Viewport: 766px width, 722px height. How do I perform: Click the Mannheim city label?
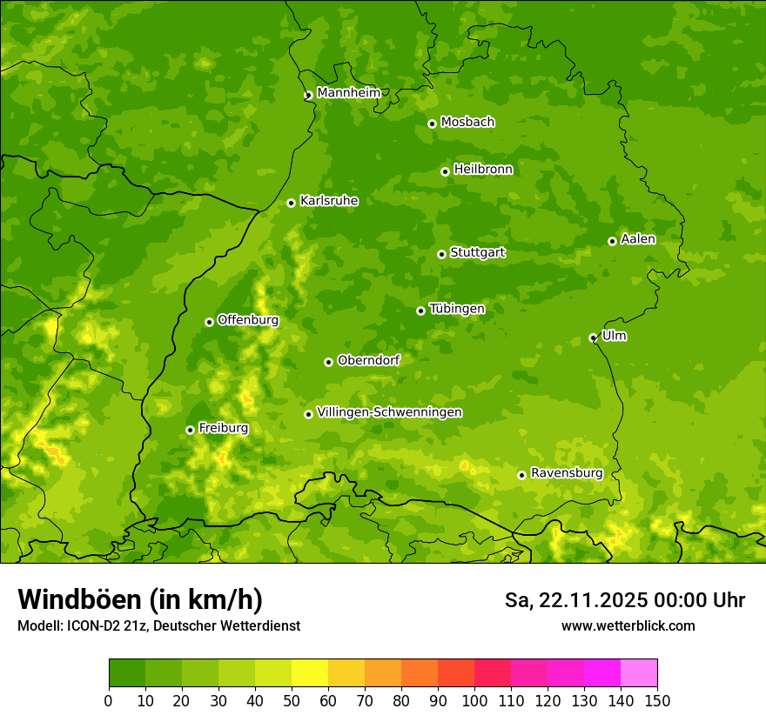pos(348,93)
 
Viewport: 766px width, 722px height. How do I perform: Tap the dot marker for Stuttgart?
pos(441,254)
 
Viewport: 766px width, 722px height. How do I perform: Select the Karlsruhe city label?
pos(329,201)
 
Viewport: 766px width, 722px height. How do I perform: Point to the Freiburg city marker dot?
pos(190,430)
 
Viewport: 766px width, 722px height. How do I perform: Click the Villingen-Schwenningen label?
pos(389,412)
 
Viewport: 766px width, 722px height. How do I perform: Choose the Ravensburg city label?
pos(566,473)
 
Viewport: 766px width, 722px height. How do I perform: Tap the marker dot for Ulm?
pos(593,338)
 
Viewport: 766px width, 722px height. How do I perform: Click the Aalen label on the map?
pos(638,239)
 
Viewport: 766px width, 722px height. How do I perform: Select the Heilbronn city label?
pos(483,170)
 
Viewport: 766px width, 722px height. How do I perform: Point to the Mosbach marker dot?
pos(432,124)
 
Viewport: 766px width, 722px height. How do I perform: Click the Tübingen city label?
pos(457,309)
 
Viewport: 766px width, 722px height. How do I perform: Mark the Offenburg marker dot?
pos(209,322)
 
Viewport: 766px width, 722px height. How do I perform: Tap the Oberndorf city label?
pos(368,360)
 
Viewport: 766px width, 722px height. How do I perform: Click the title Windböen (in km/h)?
pos(140,599)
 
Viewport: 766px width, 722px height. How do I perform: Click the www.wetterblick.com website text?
pos(628,626)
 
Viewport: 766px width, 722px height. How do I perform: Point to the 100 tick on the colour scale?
pos(474,701)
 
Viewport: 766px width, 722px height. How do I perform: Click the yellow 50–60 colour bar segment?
pos(310,673)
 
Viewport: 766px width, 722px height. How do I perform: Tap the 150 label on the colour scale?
pos(657,701)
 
